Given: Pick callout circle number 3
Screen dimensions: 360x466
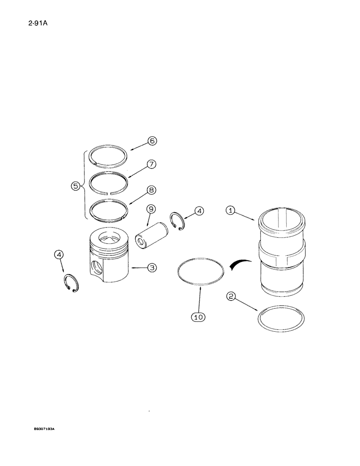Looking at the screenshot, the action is tap(152, 267).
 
